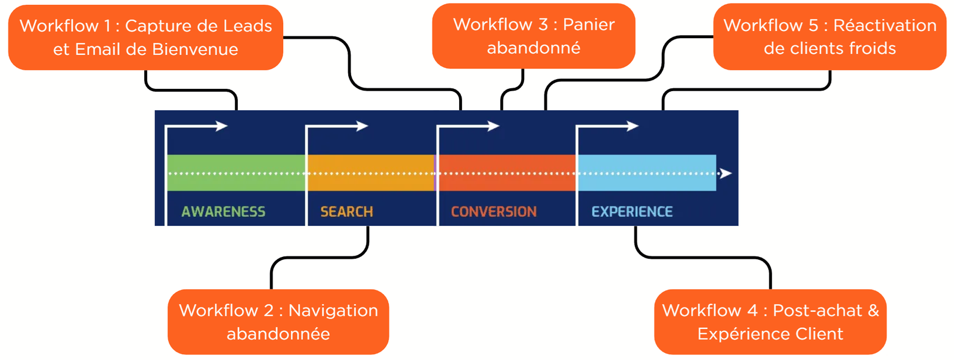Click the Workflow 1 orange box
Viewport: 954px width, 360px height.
tap(145, 37)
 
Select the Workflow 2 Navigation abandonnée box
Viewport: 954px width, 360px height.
tap(278, 322)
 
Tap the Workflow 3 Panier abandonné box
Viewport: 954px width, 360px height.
tap(533, 36)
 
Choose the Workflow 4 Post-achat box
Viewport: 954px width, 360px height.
tap(770, 322)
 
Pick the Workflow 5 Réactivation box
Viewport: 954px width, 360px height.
tap(829, 36)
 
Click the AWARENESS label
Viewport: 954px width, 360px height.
tap(223, 212)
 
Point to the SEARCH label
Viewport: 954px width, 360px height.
tap(346, 212)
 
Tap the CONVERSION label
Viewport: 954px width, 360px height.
tap(493, 212)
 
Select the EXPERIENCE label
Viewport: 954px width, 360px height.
tap(631, 212)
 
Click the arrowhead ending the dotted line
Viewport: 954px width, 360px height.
tap(726, 173)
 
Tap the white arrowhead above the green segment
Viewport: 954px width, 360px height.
tap(222, 126)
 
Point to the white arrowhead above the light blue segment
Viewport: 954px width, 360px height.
tap(633, 126)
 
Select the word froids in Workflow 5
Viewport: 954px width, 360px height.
tap(872, 48)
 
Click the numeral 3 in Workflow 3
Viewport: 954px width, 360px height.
tap(543, 24)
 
